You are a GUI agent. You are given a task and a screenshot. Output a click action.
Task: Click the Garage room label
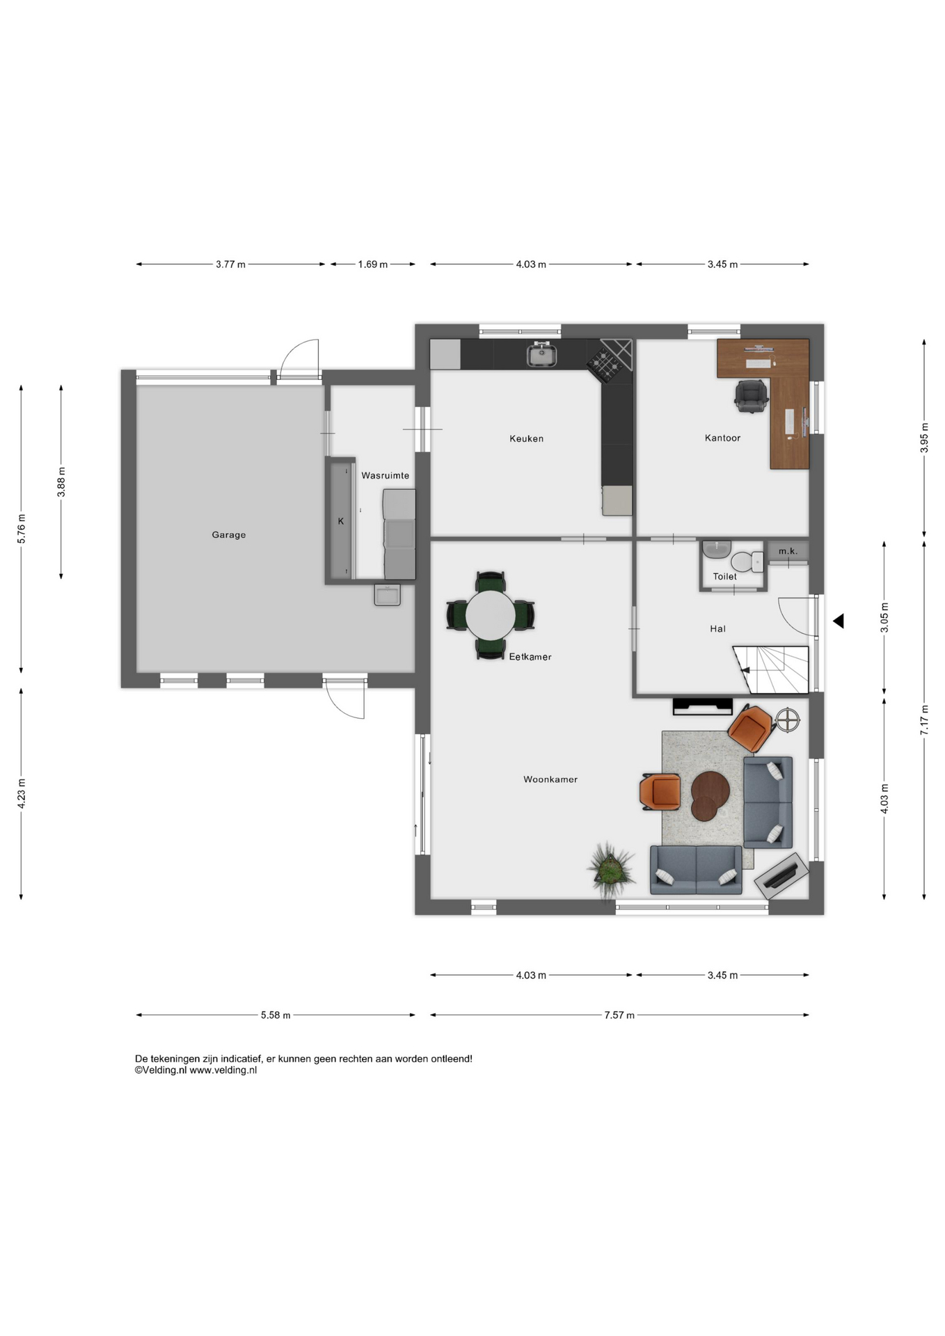(x=229, y=535)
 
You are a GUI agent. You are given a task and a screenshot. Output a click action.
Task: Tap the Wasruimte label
(x=385, y=476)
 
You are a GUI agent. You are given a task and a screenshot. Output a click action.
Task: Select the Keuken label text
(x=526, y=438)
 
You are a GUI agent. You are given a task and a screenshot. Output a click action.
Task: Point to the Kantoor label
(x=722, y=438)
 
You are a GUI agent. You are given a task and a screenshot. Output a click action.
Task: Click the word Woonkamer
(x=550, y=779)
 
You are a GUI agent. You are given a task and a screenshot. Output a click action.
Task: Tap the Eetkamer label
(x=530, y=657)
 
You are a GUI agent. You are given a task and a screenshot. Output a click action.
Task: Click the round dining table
(x=491, y=615)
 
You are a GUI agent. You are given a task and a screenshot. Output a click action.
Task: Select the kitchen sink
(x=541, y=355)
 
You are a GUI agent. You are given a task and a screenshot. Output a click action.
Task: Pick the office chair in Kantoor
(x=751, y=396)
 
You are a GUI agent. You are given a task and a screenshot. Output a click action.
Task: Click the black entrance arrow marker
(x=839, y=621)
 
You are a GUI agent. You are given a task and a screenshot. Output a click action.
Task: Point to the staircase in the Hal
(x=770, y=669)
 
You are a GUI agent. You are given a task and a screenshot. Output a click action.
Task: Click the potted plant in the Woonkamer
(x=611, y=867)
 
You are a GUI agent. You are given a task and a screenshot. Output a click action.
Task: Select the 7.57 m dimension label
(x=619, y=1015)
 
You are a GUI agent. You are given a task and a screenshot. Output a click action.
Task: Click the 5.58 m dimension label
(x=276, y=1015)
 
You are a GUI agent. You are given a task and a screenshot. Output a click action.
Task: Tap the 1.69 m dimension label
(x=373, y=264)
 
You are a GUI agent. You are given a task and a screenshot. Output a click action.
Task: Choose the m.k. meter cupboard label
(x=788, y=551)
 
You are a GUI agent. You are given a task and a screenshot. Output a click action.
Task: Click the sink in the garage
(x=388, y=595)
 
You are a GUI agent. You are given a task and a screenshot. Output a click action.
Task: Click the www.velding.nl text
(x=223, y=1070)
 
